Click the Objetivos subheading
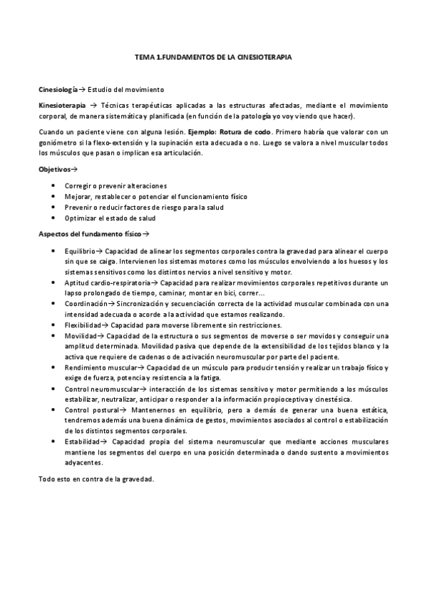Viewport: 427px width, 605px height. point(54,169)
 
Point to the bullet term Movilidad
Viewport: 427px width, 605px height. point(79,335)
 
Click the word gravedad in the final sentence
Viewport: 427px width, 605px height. point(136,479)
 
